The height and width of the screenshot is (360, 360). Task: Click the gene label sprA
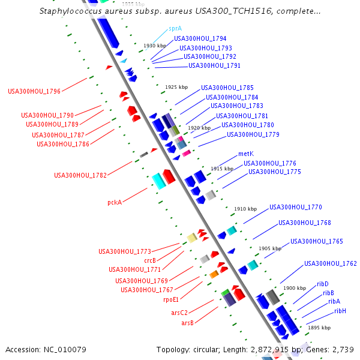175,28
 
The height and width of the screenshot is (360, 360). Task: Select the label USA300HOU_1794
191,38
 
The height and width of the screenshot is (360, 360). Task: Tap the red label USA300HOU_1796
34,92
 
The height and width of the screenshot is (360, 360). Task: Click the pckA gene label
115,203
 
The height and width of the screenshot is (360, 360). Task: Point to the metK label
245,154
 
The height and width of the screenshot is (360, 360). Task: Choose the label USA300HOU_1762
330,263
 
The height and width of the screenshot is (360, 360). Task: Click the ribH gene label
340,311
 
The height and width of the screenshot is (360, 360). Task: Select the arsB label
187,323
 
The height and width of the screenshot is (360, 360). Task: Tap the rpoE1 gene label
170,299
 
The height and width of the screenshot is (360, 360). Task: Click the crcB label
150,260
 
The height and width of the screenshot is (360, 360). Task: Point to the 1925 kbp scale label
176,87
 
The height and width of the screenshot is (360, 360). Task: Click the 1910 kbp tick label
245,209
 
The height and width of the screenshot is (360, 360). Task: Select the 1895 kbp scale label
319,328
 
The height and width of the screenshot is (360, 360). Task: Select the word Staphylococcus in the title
68,11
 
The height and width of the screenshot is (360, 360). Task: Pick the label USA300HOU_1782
80,176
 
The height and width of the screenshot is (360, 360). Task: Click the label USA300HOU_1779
253,134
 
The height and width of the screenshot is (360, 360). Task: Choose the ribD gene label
322,284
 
